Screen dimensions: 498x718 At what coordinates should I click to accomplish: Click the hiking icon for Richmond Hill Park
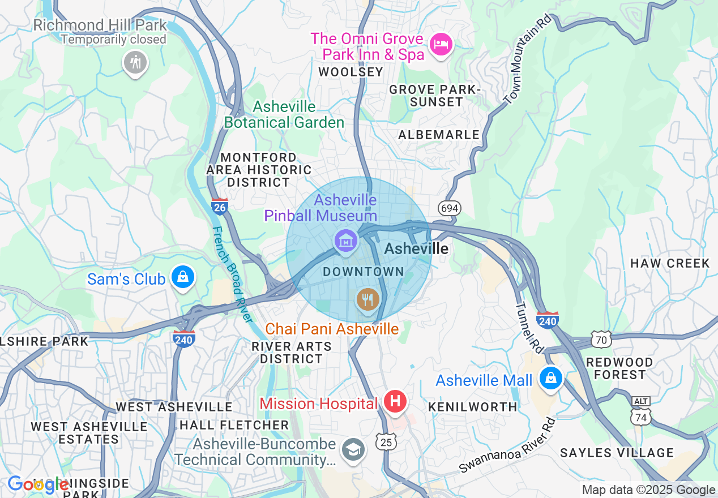tap(135, 62)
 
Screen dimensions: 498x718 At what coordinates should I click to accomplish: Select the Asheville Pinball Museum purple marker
tap(345, 241)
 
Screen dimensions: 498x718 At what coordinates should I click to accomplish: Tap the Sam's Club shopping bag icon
tap(182, 277)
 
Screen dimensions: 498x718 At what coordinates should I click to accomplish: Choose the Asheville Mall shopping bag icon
tap(550, 378)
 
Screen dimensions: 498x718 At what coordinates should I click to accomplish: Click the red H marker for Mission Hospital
tap(395, 401)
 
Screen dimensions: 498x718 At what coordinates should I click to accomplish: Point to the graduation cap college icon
tap(353, 450)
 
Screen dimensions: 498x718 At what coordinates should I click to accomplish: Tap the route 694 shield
tap(449, 208)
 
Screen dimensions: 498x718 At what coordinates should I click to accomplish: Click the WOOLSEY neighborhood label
tap(351, 72)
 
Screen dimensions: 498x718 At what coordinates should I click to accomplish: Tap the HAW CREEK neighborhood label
tap(670, 263)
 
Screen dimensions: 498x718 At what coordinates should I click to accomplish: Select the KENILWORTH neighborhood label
tap(472, 407)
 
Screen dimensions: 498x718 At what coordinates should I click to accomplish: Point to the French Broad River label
tap(232, 274)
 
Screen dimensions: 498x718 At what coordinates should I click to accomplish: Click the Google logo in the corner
tap(39, 484)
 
